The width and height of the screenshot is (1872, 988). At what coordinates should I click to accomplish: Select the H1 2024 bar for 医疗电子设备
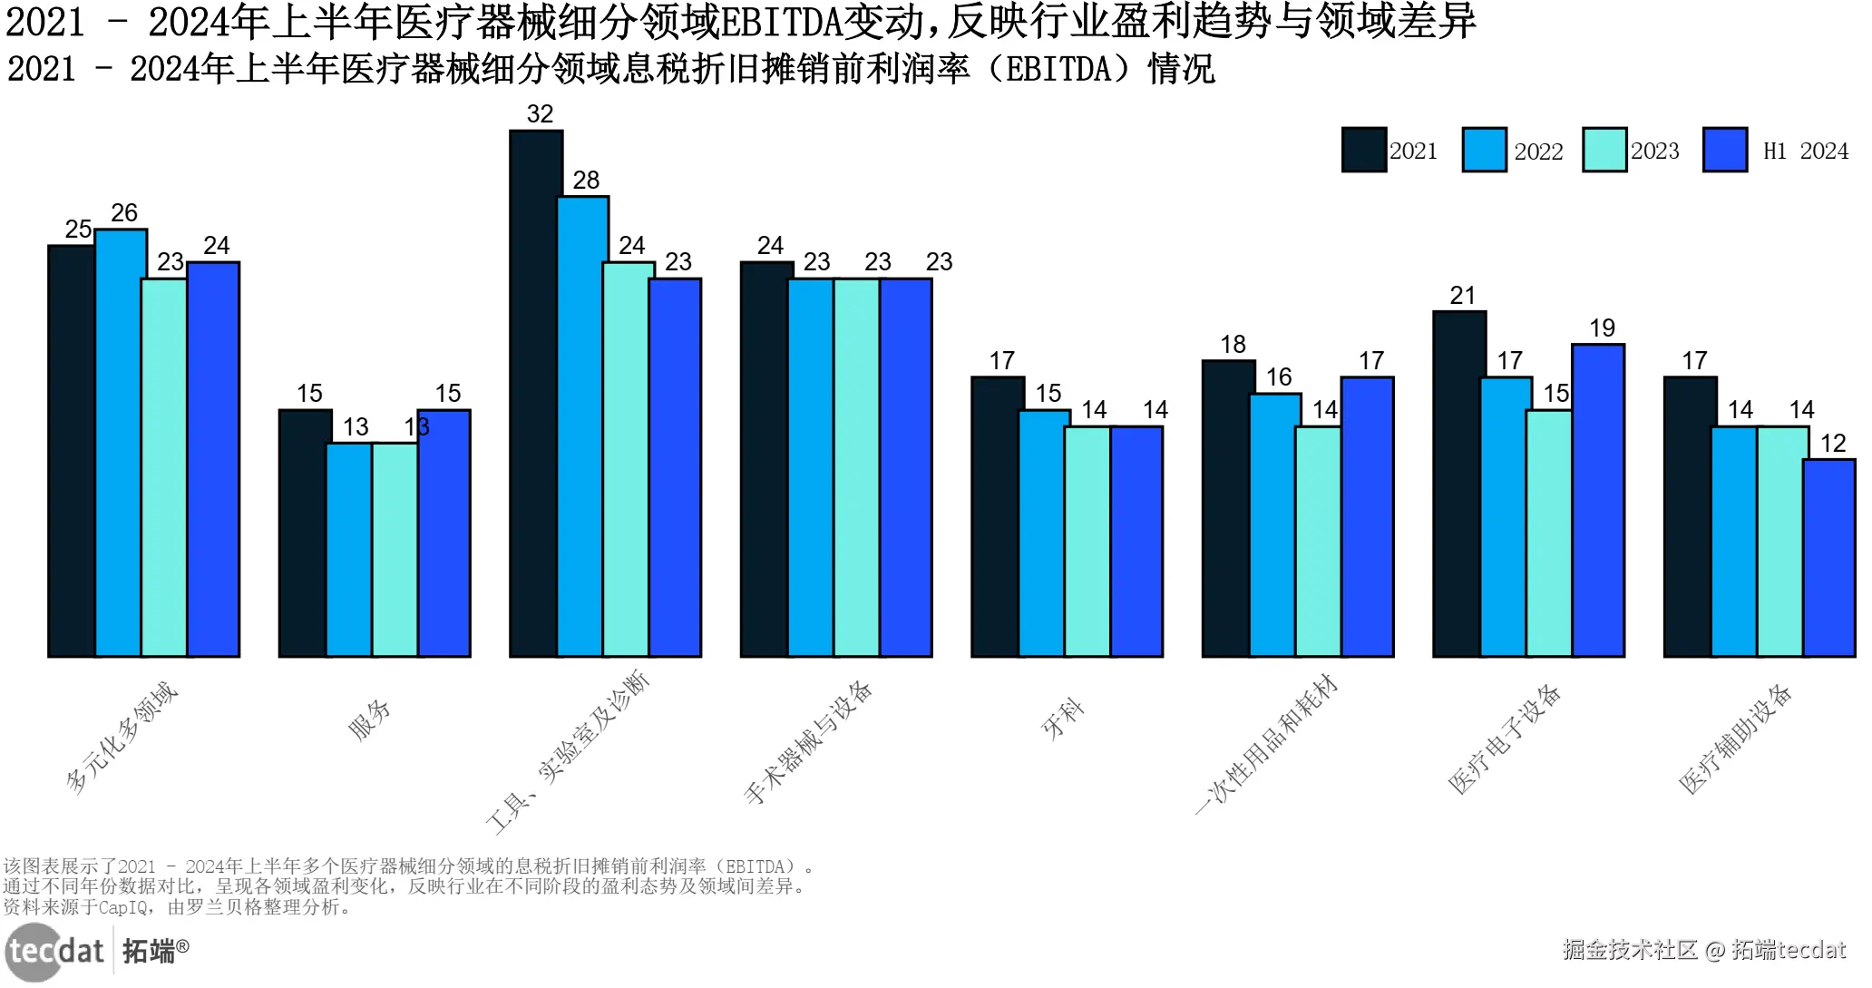(1598, 500)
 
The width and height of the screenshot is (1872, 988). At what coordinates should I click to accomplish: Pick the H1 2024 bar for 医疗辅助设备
(1828, 558)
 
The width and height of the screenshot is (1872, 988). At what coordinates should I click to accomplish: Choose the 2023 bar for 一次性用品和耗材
(1318, 542)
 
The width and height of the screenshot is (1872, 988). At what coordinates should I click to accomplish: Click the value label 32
(540, 114)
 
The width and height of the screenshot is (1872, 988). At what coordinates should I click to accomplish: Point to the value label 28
(586, 181)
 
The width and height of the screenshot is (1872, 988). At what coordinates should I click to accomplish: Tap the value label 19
(1602, 328)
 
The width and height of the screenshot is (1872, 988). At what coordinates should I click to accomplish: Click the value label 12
(1833, 444)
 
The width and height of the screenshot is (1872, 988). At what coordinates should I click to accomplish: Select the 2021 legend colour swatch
(1363, 150)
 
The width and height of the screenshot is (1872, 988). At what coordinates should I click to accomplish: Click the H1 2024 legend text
(1805, 152)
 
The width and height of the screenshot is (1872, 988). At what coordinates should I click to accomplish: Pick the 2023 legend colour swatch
(1604, 150)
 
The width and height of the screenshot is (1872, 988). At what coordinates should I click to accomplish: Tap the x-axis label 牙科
(1062, 719)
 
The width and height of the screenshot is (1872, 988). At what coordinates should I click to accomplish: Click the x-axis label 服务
(370, 719)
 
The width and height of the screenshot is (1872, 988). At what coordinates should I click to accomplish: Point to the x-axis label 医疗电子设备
(1505, 739)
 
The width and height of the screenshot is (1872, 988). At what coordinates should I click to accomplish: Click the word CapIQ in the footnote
(123, 907)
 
